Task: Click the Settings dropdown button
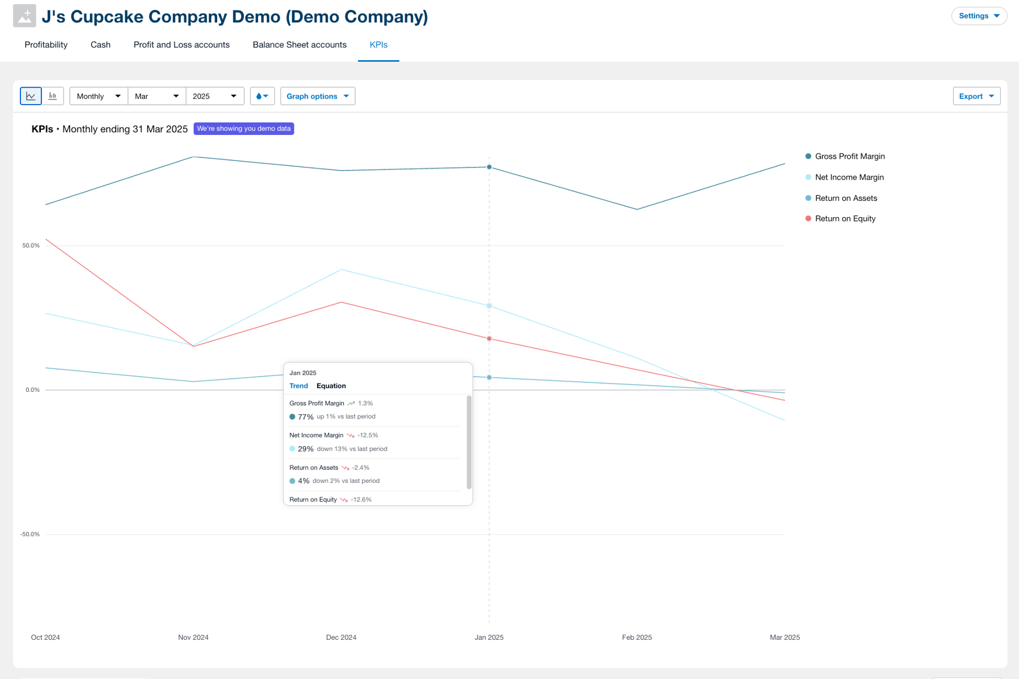[979, 16]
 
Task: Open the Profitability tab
[46, 45]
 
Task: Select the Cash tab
[100, 45]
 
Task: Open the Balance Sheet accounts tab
[300, 45]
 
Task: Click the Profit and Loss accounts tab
[182, 45]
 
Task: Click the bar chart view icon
[53, 96]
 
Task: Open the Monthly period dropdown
[99, 96]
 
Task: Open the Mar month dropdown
[156, 96]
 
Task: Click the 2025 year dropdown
[214, 96]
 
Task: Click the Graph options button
[317, 96]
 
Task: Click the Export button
[976, 96]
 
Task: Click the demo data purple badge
[244, 128]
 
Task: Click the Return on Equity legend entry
[844, 219]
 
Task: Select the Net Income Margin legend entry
[848, 177]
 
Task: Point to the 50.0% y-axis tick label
[31, 245]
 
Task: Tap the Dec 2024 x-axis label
[341, 637]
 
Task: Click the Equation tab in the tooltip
[331, 386]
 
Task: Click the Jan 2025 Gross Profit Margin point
[489, 167]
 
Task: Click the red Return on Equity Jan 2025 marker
[489, 339]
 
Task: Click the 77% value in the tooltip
[305, 417]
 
